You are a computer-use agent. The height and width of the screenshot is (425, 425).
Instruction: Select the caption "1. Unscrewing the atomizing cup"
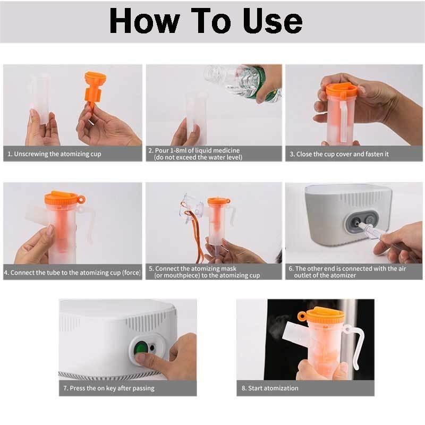(54, 154)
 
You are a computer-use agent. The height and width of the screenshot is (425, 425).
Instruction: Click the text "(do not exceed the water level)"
(198, 158)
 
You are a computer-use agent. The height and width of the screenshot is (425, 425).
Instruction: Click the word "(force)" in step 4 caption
(130, 273)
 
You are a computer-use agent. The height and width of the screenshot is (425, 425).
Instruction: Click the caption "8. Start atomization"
(270, 388)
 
